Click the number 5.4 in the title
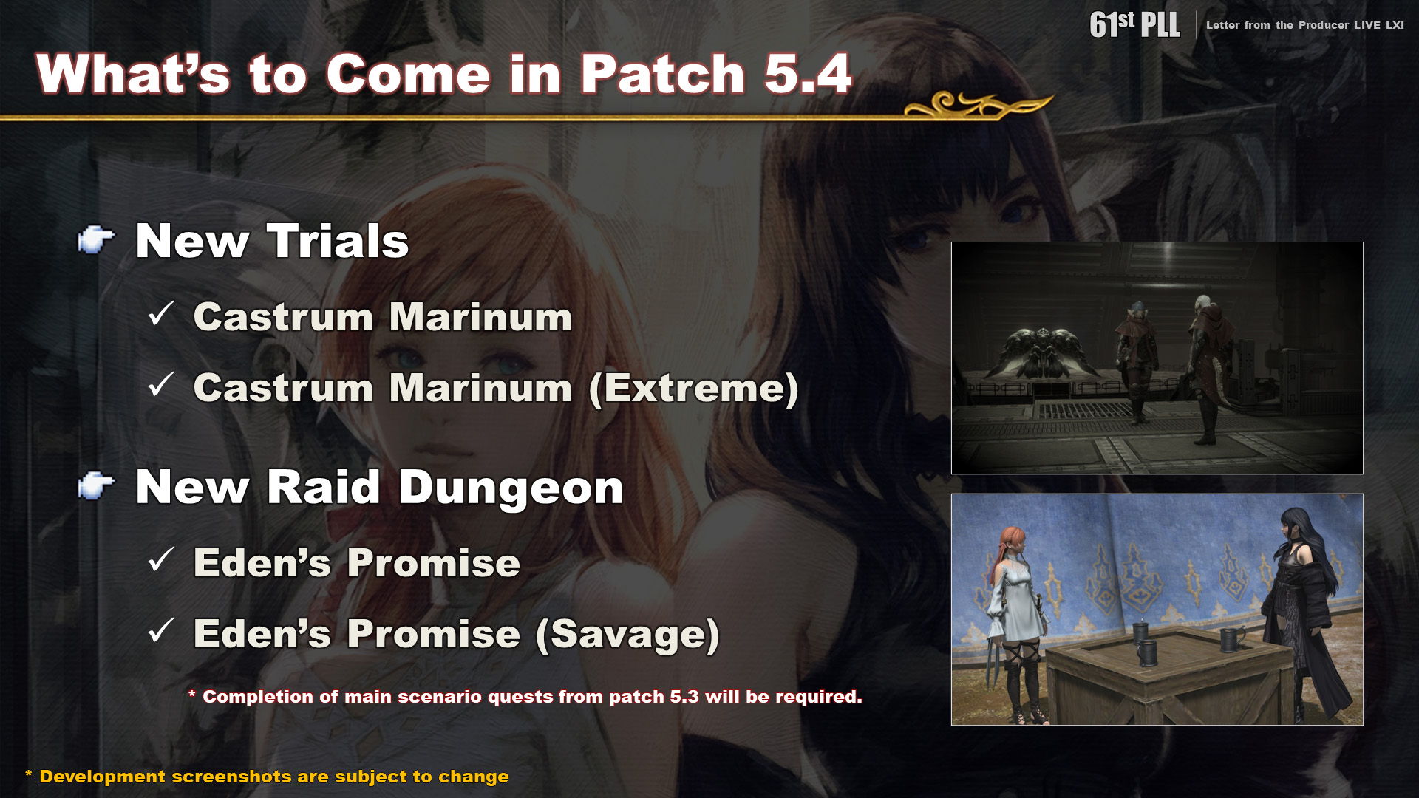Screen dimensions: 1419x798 809,74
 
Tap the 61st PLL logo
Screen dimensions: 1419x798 1134,24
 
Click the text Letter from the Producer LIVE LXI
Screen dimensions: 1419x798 1304,25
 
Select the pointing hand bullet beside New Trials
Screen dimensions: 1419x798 96,239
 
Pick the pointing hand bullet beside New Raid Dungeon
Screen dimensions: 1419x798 96,485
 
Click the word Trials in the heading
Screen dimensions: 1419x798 338,241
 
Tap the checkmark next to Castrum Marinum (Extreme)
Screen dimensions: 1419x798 160,384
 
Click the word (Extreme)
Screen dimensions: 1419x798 694,388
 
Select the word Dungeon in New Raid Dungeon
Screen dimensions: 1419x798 511,488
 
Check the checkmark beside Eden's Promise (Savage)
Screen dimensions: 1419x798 160,630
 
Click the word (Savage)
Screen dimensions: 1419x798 627,634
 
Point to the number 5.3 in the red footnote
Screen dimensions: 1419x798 684,697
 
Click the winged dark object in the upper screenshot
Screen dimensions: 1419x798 1043,352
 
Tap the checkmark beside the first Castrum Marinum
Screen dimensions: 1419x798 160,313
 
